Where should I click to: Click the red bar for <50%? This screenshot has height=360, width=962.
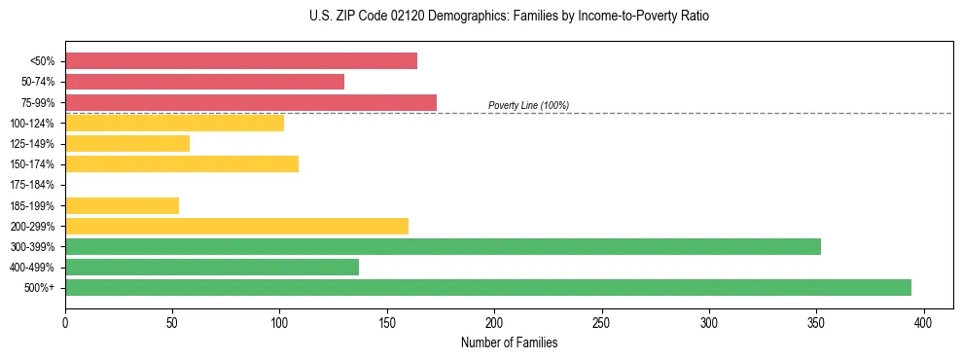[241, 61]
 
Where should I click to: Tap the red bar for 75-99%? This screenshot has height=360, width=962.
[251, 102]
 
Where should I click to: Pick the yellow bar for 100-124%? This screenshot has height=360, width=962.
[174, 123]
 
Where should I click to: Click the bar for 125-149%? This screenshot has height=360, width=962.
[127, 143]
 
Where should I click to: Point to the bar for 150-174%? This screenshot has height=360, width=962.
[182, 163]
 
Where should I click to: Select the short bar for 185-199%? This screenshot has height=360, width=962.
[122, 205]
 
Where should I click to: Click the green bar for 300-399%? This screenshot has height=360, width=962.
[443, 246]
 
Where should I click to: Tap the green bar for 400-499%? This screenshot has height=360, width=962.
[212, 267]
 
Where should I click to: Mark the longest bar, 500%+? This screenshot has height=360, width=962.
[488, 287]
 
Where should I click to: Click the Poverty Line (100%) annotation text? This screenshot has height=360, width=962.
[528, 105]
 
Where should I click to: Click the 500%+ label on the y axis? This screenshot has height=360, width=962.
[41, 288]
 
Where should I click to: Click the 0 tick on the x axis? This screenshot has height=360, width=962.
[65, 322]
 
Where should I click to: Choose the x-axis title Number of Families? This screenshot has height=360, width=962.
[509, 342]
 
